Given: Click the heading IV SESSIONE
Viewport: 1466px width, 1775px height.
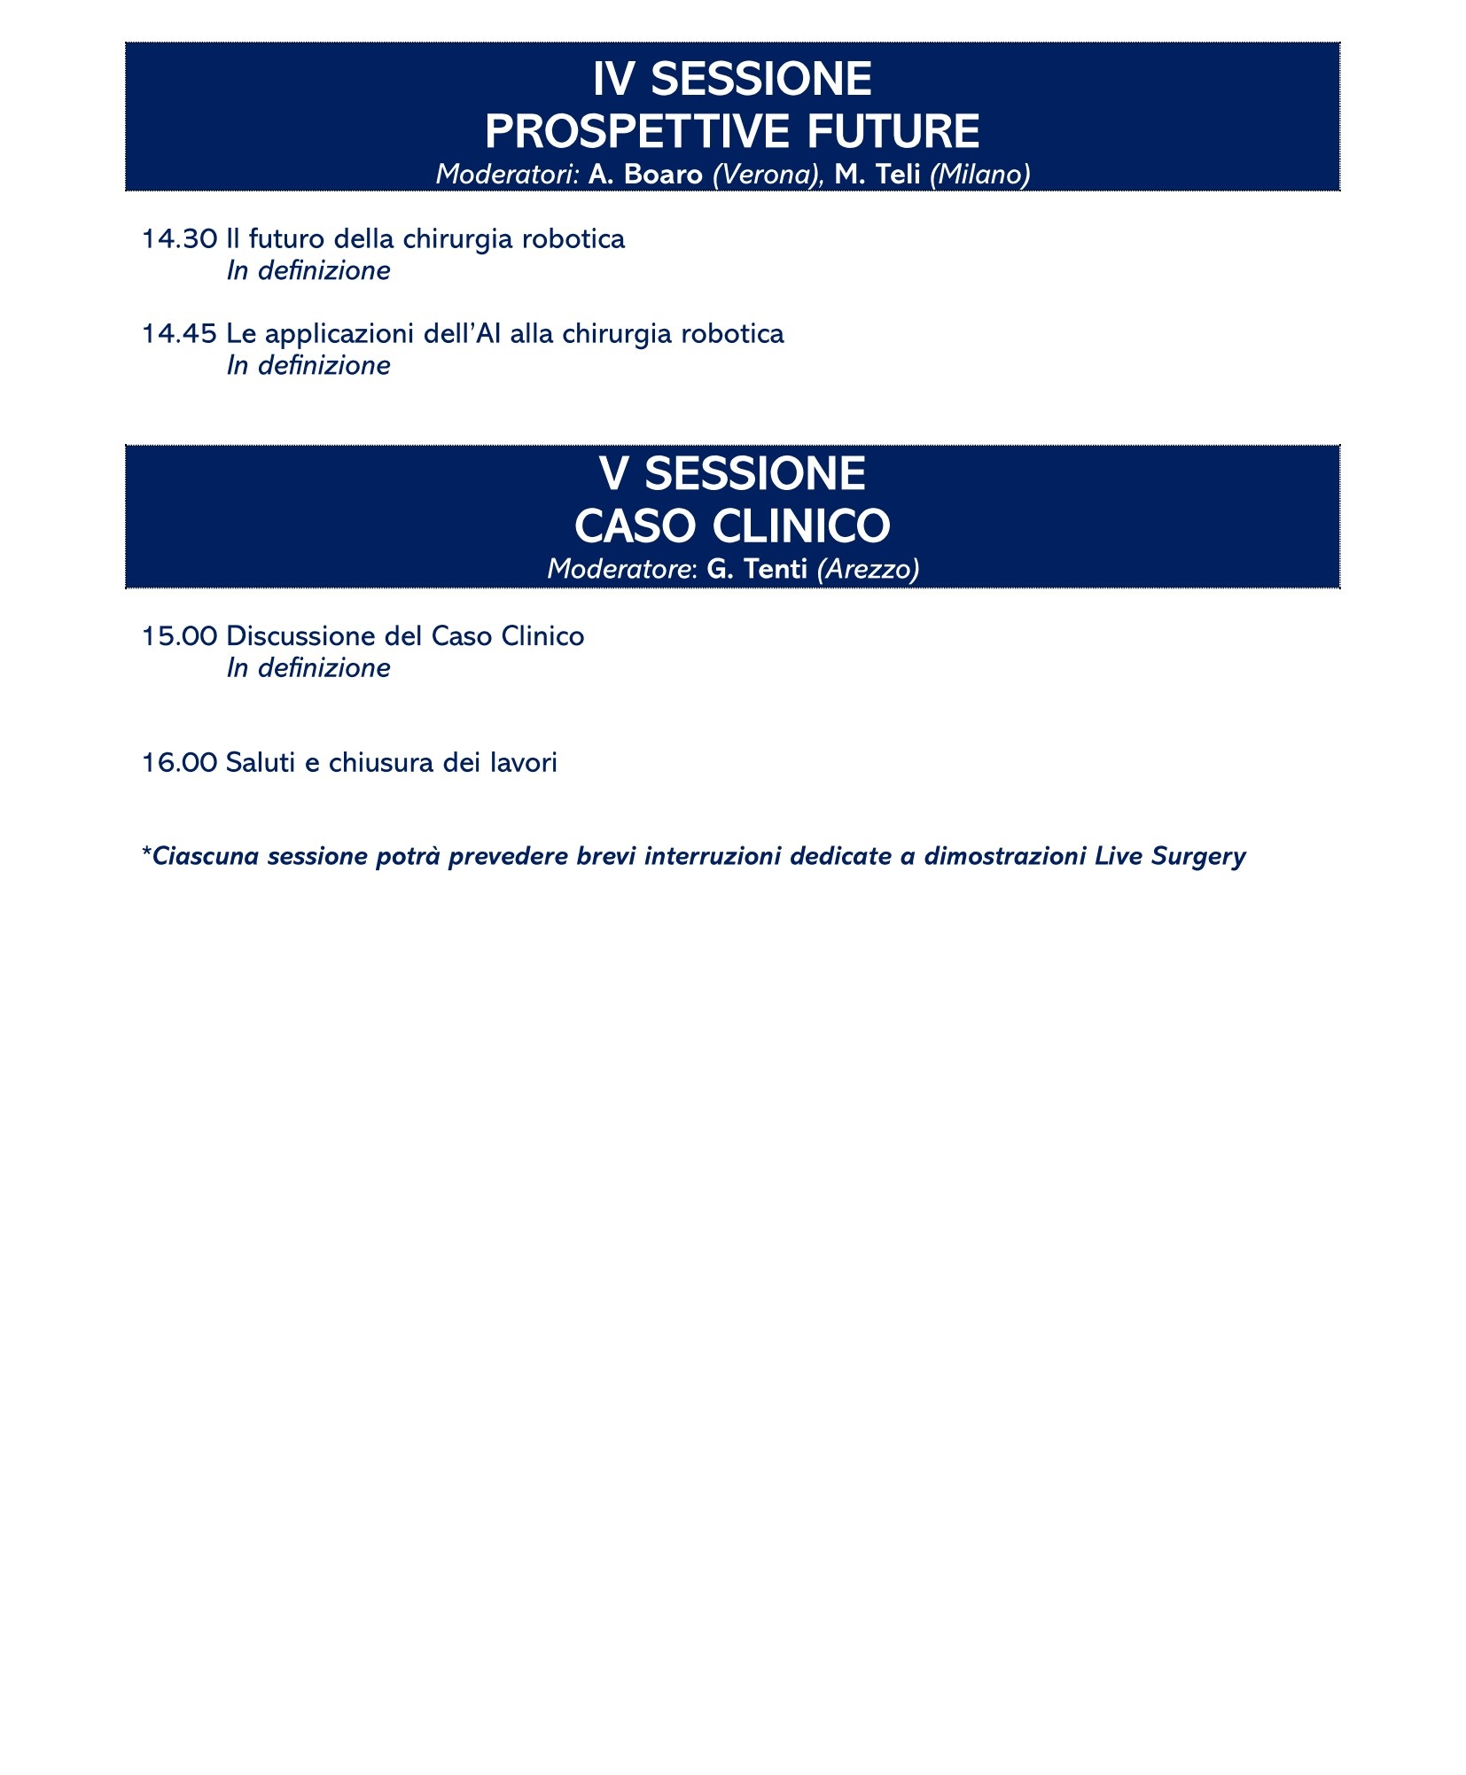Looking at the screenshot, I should (732, 80).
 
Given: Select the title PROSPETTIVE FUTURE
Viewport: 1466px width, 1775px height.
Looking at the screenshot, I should (732, 132).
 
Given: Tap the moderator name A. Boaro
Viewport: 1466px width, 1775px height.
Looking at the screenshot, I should (645, 175).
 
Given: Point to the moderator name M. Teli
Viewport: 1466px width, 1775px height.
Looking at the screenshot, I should (877, 175).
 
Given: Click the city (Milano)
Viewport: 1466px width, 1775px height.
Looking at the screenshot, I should (979, 175).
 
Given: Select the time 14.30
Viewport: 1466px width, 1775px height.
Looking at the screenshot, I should (179, 239).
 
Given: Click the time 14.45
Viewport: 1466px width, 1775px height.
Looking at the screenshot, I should (179, 334).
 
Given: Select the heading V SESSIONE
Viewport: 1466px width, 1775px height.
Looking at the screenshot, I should (732, 474).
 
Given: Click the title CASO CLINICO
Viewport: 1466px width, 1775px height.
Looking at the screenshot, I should (732, 526).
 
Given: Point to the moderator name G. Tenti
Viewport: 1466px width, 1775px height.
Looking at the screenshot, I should (756, 569).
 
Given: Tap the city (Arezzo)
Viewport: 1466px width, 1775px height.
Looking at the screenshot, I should (868, 569).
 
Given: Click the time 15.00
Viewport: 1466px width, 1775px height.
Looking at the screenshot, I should (179, 636).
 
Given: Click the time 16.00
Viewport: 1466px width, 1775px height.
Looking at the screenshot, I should (179, 763).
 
